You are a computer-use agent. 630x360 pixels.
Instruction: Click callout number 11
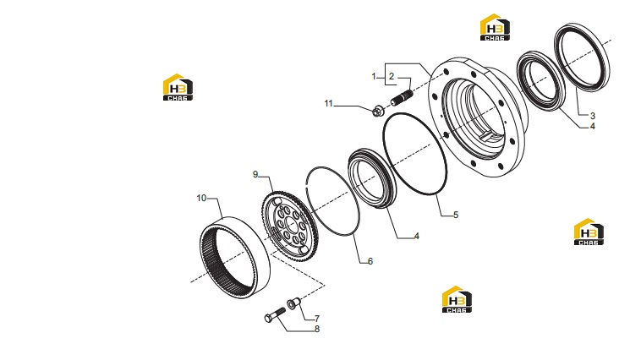(x=329, y=104)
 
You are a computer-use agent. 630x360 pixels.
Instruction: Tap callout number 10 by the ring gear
(x=201, y=199)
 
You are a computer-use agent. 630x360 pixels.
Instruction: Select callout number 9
(x=255, y=175)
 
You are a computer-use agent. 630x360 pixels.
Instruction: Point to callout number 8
(x=317, y=329)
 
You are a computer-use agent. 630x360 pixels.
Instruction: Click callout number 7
(x=317, y=319)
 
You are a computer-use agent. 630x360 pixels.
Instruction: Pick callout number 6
(x=370, y=261)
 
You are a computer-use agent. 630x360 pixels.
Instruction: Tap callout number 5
(x=456, y=215)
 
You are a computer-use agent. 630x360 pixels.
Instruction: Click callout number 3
(x=593, y=116)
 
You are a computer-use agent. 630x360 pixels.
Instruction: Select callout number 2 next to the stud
(x=392, y=76)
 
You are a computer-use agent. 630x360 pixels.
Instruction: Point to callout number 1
(x=374, y=76)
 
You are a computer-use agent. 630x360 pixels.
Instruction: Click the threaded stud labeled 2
(x=402, y=98)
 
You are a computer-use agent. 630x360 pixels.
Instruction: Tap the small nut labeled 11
(x=377, y=111)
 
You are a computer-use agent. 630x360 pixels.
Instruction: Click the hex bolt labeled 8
(x=275, y=314)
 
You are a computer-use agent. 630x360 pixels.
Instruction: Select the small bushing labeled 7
(x=293, y=303)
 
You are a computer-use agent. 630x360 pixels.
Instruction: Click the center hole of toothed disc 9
(x=291, y=225)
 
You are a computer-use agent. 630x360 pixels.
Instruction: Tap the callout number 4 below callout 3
(x=592, y=127)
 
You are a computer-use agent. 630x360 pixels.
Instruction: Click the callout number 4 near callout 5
(x=417, y=236)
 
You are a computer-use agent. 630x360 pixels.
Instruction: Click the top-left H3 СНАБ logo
(x=178, y=87)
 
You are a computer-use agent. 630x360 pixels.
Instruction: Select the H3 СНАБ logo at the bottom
(x=457, y=299)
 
